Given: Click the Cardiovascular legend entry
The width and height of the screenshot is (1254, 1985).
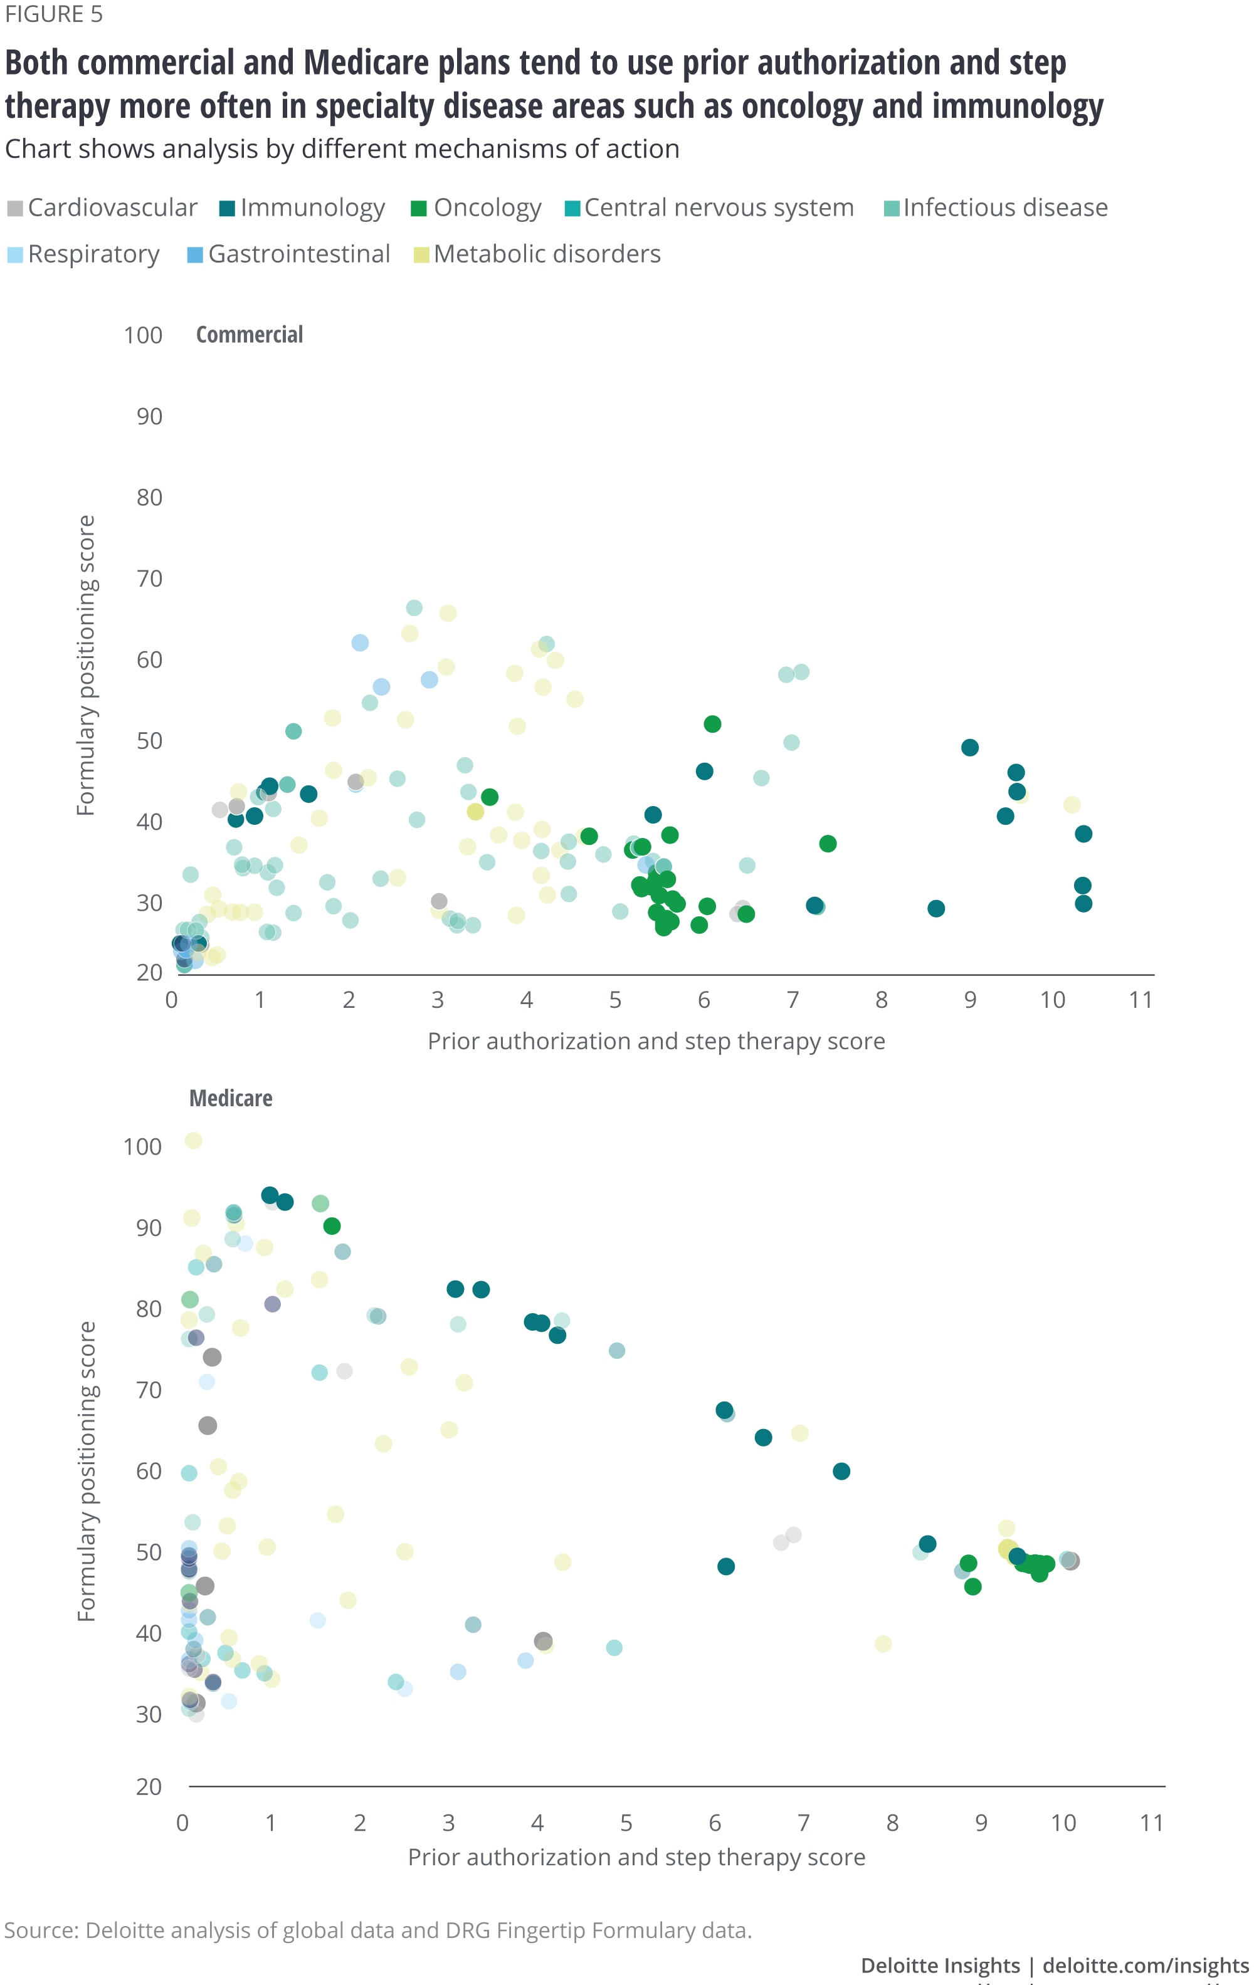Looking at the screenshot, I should (103, 207).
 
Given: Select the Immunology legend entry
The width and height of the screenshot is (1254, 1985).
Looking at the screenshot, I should (303, 207).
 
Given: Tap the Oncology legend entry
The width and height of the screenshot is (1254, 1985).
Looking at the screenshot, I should (477, 207).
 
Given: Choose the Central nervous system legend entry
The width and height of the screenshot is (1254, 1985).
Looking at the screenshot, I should (710, 207).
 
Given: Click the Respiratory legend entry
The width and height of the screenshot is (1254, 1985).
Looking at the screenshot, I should (84, 254).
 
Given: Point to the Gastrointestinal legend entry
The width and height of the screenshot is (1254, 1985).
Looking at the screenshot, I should (290, 254).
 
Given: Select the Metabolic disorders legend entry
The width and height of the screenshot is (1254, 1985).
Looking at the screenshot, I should (537, 254).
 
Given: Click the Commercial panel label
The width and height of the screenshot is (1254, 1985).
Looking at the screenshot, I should (250, 335).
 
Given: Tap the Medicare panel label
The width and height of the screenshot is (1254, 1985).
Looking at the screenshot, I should (231, 1098).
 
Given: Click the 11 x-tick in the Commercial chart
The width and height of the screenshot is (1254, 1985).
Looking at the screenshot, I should (1141, 1000).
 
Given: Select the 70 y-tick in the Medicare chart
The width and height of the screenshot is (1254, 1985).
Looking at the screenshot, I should (149, 1390).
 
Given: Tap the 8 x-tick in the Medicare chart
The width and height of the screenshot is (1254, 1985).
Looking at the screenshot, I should (892, 1823).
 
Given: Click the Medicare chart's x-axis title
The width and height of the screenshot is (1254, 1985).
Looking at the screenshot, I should (636, 1857).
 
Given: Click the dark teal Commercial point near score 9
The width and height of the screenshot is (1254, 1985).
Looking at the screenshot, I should (971, 748).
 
